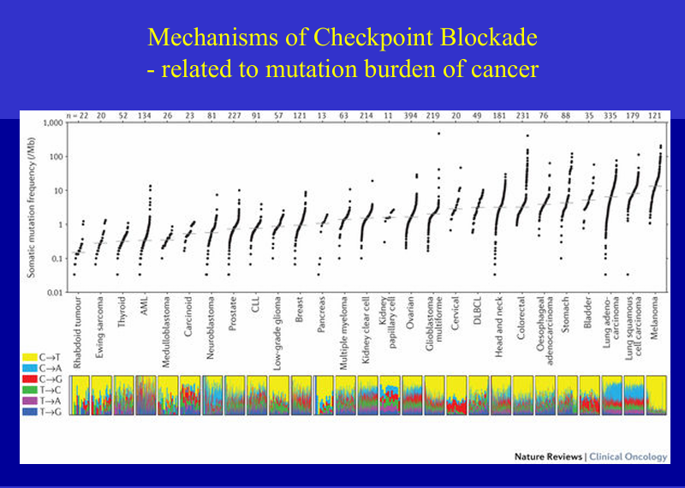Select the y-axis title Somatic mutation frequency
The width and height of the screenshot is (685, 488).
coord(35,208)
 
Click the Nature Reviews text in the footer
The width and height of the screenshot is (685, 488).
coord(548,456)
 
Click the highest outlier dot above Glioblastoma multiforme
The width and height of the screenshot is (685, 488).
coord(439,134)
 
